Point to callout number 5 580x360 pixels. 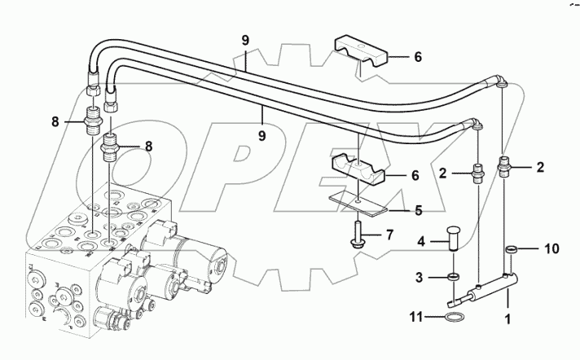tap(418, 209)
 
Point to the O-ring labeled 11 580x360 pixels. tap(456, 317)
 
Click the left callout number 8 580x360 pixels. tap(55, 122)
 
